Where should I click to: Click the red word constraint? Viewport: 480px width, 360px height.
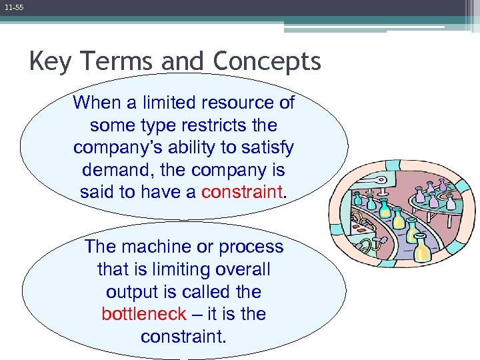point(242,193)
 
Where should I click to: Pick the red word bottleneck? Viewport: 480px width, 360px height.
point(143,314)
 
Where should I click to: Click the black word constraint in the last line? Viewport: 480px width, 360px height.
point(183,337)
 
